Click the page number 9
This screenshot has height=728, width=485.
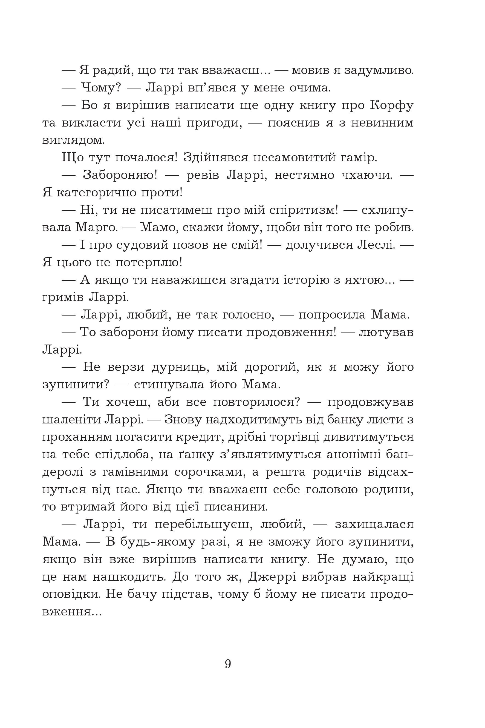tap(228, 664)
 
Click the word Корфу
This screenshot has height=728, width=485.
tap(392, 106)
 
